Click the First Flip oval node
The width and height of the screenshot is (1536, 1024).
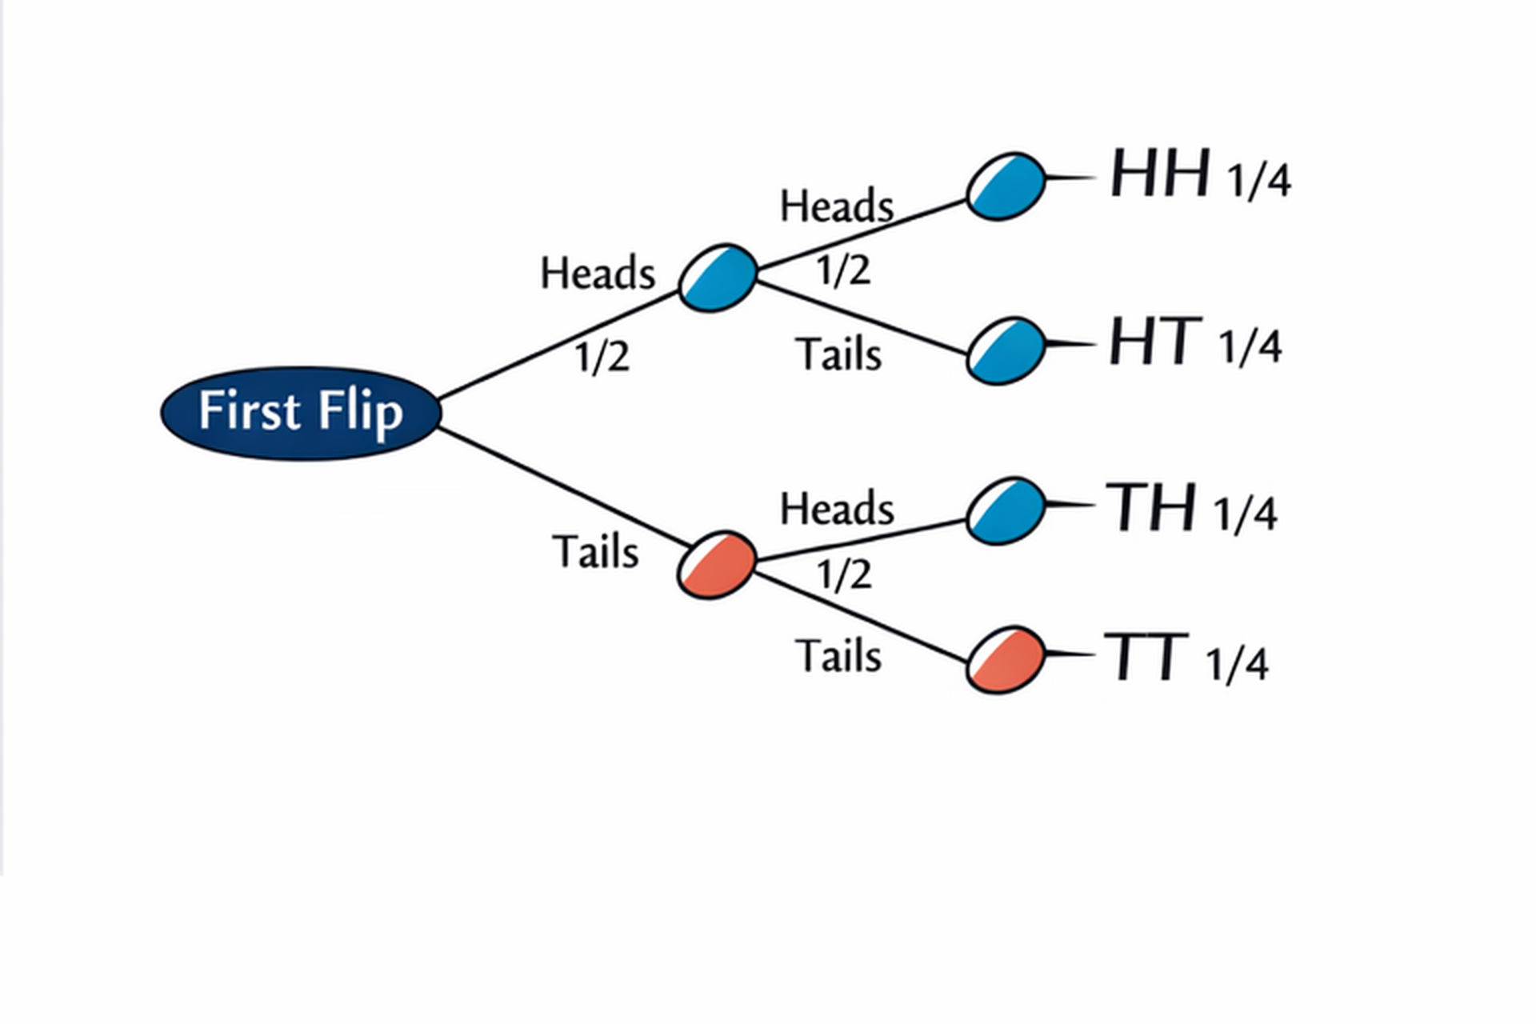pos(301,413)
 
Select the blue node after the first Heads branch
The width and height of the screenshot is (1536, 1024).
pos(718,278)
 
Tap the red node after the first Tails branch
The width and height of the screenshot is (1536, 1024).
pos(717,564)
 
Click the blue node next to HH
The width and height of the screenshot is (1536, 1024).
pos(1006,186)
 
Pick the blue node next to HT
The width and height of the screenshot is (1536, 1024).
pos(1006,350)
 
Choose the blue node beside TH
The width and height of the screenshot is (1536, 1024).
pos(1006,511)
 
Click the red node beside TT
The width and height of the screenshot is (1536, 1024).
pos(1006,660)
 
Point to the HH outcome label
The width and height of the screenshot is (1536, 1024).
pos(1159,174)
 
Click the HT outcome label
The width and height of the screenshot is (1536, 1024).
pos(1155,342)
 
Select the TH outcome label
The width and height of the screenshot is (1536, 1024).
pos(1150,507)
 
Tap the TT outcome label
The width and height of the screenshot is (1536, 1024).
pos(1146,657)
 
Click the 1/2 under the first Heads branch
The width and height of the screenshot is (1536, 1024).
pos(602,357)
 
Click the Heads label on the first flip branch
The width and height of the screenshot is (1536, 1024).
pos(598,274)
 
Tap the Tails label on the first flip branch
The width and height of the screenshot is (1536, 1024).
pos(595,552)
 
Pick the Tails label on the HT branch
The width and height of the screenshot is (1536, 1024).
pos(838,354)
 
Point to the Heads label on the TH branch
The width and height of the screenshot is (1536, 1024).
pos(837,509)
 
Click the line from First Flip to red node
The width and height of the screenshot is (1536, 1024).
pos(560,489)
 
